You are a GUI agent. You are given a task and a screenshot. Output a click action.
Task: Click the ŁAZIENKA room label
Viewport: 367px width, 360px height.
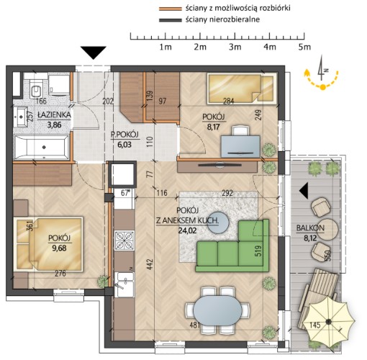[x=54, y=114]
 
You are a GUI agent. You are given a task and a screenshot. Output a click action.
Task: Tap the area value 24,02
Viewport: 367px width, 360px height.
[x=187, y=230]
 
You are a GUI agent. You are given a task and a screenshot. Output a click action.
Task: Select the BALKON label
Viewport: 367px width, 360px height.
[x=310, y=228]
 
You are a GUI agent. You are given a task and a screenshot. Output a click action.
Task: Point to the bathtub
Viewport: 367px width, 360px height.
[x=42, y=147]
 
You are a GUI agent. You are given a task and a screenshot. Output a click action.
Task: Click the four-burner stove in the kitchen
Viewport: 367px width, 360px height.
[x=124, y=240]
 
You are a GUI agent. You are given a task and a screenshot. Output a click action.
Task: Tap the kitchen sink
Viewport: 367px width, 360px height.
[x=124, y=284]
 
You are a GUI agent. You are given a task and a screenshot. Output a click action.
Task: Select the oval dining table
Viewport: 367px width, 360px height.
[x=217, y=310]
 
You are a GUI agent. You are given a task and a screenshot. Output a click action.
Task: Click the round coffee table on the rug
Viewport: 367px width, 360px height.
[x=218, y=222]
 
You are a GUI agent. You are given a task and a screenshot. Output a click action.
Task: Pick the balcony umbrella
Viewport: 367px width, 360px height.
[x=328, y=322]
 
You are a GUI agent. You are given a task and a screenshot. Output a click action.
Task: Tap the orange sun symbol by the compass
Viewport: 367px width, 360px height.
[x=323, y=87]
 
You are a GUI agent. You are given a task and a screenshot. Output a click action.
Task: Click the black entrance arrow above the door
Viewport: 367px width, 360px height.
[x=94, y=53]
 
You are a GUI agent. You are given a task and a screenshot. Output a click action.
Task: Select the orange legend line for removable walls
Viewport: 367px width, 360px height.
[x=171, y=9]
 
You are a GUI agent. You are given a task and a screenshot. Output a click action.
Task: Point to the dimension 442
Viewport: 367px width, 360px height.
[x=150, y=264]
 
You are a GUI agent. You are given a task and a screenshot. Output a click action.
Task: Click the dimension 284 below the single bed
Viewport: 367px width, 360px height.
[x=229, y=101]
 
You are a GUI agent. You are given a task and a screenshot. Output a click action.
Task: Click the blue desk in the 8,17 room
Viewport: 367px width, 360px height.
[x=240, y=146]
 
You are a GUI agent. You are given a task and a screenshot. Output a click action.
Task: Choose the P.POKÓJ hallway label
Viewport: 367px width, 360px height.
[x=124, y=135]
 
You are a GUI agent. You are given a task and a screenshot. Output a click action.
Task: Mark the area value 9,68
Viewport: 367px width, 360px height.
[x=59, y=248]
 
